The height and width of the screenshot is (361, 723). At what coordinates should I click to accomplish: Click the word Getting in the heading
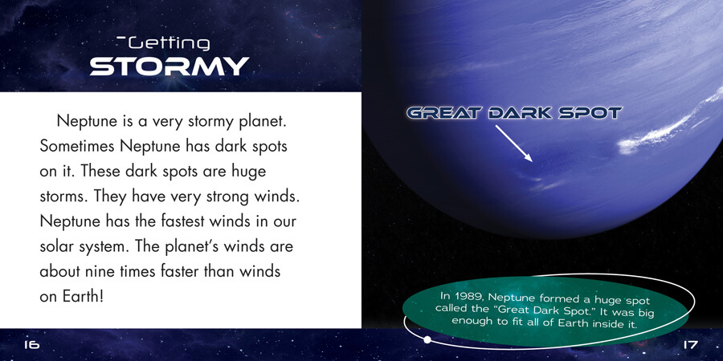(169, 44)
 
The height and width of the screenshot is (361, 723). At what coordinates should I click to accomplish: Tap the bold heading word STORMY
(170, 67)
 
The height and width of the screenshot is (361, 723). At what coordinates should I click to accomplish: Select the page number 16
(32, 344)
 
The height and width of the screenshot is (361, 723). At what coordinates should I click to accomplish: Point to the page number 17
(690, 344)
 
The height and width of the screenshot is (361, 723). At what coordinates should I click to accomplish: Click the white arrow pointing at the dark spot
(514, 144)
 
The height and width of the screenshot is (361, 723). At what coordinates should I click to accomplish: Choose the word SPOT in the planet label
(590, 113)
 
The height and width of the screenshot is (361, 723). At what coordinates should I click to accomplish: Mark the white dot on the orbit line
(427, 340)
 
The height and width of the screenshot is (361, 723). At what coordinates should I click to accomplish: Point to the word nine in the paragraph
(100, 271)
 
